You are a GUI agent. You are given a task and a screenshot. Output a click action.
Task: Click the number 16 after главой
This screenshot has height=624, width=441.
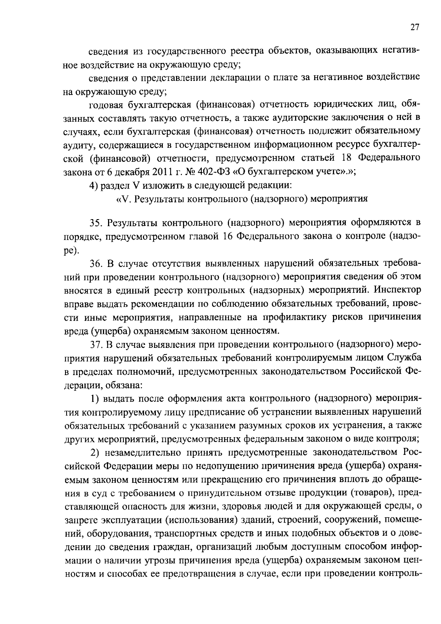tap(227, 237)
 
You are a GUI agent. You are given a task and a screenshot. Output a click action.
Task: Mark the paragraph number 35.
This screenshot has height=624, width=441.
tap(96, 223)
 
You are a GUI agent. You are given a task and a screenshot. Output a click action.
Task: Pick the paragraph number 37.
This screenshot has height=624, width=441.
tap(96, 344)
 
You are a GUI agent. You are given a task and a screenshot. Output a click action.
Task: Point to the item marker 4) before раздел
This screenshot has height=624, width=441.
tap(94, 185)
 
